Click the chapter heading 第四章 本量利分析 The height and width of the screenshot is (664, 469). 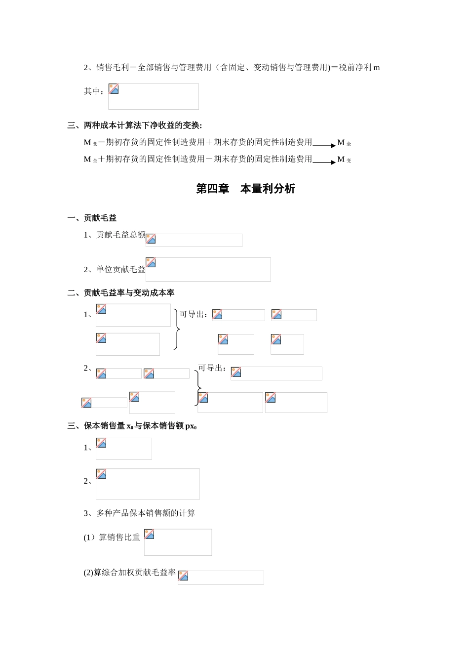(245, 189)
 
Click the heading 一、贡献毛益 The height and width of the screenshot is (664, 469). (92, 218)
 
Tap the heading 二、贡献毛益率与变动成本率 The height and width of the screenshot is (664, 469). (121, 293)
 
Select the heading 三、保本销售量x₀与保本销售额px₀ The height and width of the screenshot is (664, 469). (132, 426)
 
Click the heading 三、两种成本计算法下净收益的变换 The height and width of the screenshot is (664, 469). (135, 125)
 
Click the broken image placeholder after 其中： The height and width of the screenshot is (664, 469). (153, 96)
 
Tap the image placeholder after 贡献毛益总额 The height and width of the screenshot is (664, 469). (194, 240)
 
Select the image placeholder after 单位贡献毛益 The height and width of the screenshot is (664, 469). (208, 269)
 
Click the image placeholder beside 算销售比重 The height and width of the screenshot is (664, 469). (178, 542)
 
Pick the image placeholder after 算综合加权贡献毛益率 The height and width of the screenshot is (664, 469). (221, 578)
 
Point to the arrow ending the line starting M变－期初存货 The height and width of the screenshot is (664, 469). (324, 145)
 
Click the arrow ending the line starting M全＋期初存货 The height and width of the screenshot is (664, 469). (324, 162)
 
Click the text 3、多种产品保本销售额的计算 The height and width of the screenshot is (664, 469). (139, 513)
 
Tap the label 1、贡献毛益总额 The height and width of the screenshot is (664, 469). (115, 235)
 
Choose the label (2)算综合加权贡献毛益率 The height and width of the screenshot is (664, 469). (130, 573)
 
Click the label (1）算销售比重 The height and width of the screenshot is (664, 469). (112, 537)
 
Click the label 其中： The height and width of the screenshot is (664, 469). (94, 91)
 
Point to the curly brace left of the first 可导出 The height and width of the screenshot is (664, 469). (176, 329)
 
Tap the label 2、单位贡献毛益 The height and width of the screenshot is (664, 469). (115, 269)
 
